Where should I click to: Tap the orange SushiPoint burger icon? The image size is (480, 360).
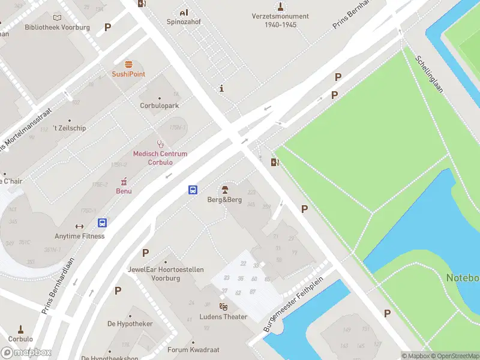128,64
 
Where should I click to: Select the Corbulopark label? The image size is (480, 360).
160,106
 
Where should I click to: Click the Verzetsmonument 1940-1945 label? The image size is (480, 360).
281,20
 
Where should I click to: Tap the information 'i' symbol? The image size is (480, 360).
222,89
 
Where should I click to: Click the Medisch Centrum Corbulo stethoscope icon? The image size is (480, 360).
160,144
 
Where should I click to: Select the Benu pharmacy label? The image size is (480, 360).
124,191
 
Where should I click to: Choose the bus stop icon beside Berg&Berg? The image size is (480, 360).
193,190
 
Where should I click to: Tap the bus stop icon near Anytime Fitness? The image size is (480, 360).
103,223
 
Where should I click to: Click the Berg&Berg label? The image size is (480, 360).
224,200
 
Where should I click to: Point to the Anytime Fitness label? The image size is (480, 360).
79,236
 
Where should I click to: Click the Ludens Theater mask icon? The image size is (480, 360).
223,307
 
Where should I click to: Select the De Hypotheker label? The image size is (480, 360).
130,323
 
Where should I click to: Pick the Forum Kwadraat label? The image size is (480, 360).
193,350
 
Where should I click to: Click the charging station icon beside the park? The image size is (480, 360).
275,162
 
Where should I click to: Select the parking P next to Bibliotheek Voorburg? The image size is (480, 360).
108,27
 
